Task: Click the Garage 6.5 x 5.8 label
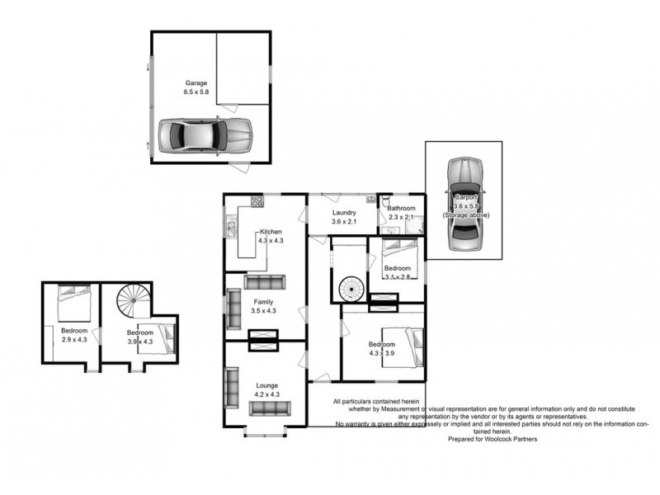(x=196, y=88)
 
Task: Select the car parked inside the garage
(x=204, y=134)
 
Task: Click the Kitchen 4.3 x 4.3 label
(x=271, y=236)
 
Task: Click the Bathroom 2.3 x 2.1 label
(x=403, y=213)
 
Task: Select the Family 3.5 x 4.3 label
(x=266, y=306)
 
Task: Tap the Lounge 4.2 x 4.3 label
(x=266, y=390)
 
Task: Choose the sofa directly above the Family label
(x=266, y=282)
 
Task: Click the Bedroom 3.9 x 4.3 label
(x=139, y=337)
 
